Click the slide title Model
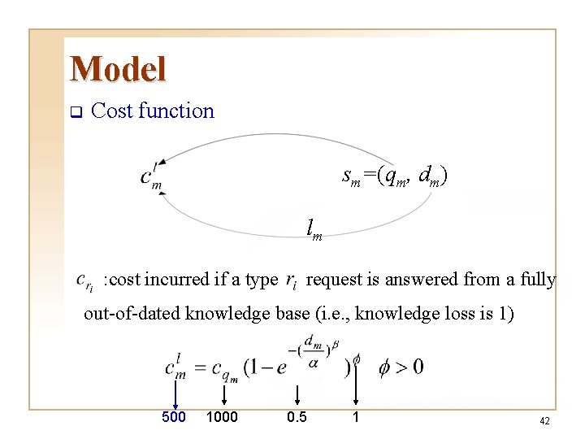point(118,69)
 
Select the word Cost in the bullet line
point(113,111)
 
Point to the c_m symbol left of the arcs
point(151,177)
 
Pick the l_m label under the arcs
point(314,230)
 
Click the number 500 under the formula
point(174,417)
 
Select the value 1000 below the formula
point(222,417)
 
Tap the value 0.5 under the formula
point(297,417)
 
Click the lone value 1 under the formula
point(355,417)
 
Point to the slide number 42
point(544,421)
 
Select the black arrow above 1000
point(223,393)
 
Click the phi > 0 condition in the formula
point(401,367)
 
